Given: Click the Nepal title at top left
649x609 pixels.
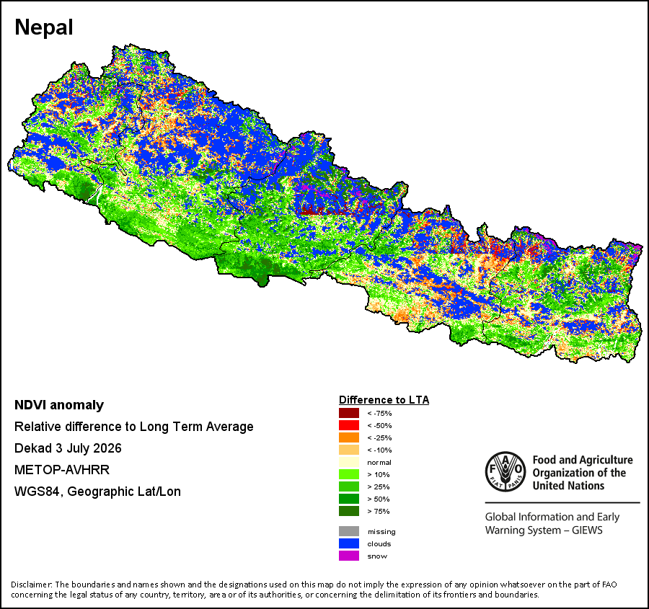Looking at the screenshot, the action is tap(44, 27).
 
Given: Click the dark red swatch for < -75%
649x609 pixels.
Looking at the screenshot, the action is tap(349, 413).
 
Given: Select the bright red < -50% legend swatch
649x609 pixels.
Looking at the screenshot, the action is tap(349, 425).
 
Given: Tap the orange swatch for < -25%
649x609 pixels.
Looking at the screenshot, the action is tap(349, 437).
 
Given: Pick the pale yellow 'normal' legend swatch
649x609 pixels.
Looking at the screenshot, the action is tap(349, 462).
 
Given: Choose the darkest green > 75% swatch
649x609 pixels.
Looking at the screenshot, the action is tap(349, 511).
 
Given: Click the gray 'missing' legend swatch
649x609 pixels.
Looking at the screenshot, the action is tap(349, 531).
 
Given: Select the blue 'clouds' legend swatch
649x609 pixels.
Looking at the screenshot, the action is tap(349, 543).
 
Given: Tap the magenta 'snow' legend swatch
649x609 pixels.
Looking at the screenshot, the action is tap(349, 556).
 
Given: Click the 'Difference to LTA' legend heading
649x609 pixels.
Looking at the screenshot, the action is tap(384, 400).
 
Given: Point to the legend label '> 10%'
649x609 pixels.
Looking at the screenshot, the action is tap(379, 474).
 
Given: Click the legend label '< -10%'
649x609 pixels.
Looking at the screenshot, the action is tap(379, 450).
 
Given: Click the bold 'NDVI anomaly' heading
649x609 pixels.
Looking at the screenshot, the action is tap(59, 405).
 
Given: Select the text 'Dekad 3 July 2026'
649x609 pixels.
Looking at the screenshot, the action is tap(68, 448).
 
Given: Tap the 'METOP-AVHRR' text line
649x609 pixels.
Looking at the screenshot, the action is tap(62, 470).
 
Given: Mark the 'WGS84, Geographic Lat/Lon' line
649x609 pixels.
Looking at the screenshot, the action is tap(97, 492).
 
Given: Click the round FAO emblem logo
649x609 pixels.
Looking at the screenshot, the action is tap(505, 471).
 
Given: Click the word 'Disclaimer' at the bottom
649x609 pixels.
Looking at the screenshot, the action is tap(31, 584).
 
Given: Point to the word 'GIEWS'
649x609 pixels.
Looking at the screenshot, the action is tap(587, 530).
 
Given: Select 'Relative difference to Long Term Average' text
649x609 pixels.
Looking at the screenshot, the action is tap(134, 427).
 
